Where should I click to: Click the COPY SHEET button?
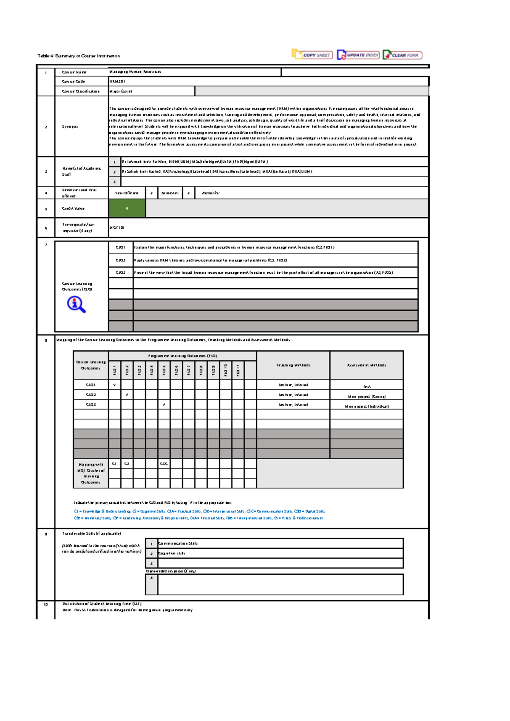pyautogui.click(x=312, y=55)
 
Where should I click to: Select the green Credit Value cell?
pyautogui.click(x=127, y=209)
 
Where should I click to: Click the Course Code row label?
pyautogui.click(x=74, y=81)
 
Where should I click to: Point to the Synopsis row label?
pyautogui.click(x=70, y=127)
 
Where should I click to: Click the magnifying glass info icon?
pyautogui.click(x=76, y=304)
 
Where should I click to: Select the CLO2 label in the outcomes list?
pyautogui.click(x=121, y=260)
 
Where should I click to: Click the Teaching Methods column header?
pyautogui.click(x=293, y=365)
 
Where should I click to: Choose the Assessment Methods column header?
pyautogui.click(x=366, y=365)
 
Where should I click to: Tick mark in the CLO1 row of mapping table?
pyautogui.click(x=114, y=385)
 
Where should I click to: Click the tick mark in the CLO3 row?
pyautogui.click(x=164, y=405)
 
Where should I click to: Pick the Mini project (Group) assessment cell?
pyautogui.click(x=367, y=397)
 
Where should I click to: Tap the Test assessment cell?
pyautogui.click(x=367, y=386)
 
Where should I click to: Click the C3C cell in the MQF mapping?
pyautogui.click(x=164, y=464)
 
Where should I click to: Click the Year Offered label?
pyautogui.click(x=127, y=193)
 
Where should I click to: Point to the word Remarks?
pyautogui.click(x=210, y=193)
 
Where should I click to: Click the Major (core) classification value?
pyautogui.click(x=121, y=91)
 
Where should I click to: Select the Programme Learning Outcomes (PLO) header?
pyautogui.click(x=183, y=356)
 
